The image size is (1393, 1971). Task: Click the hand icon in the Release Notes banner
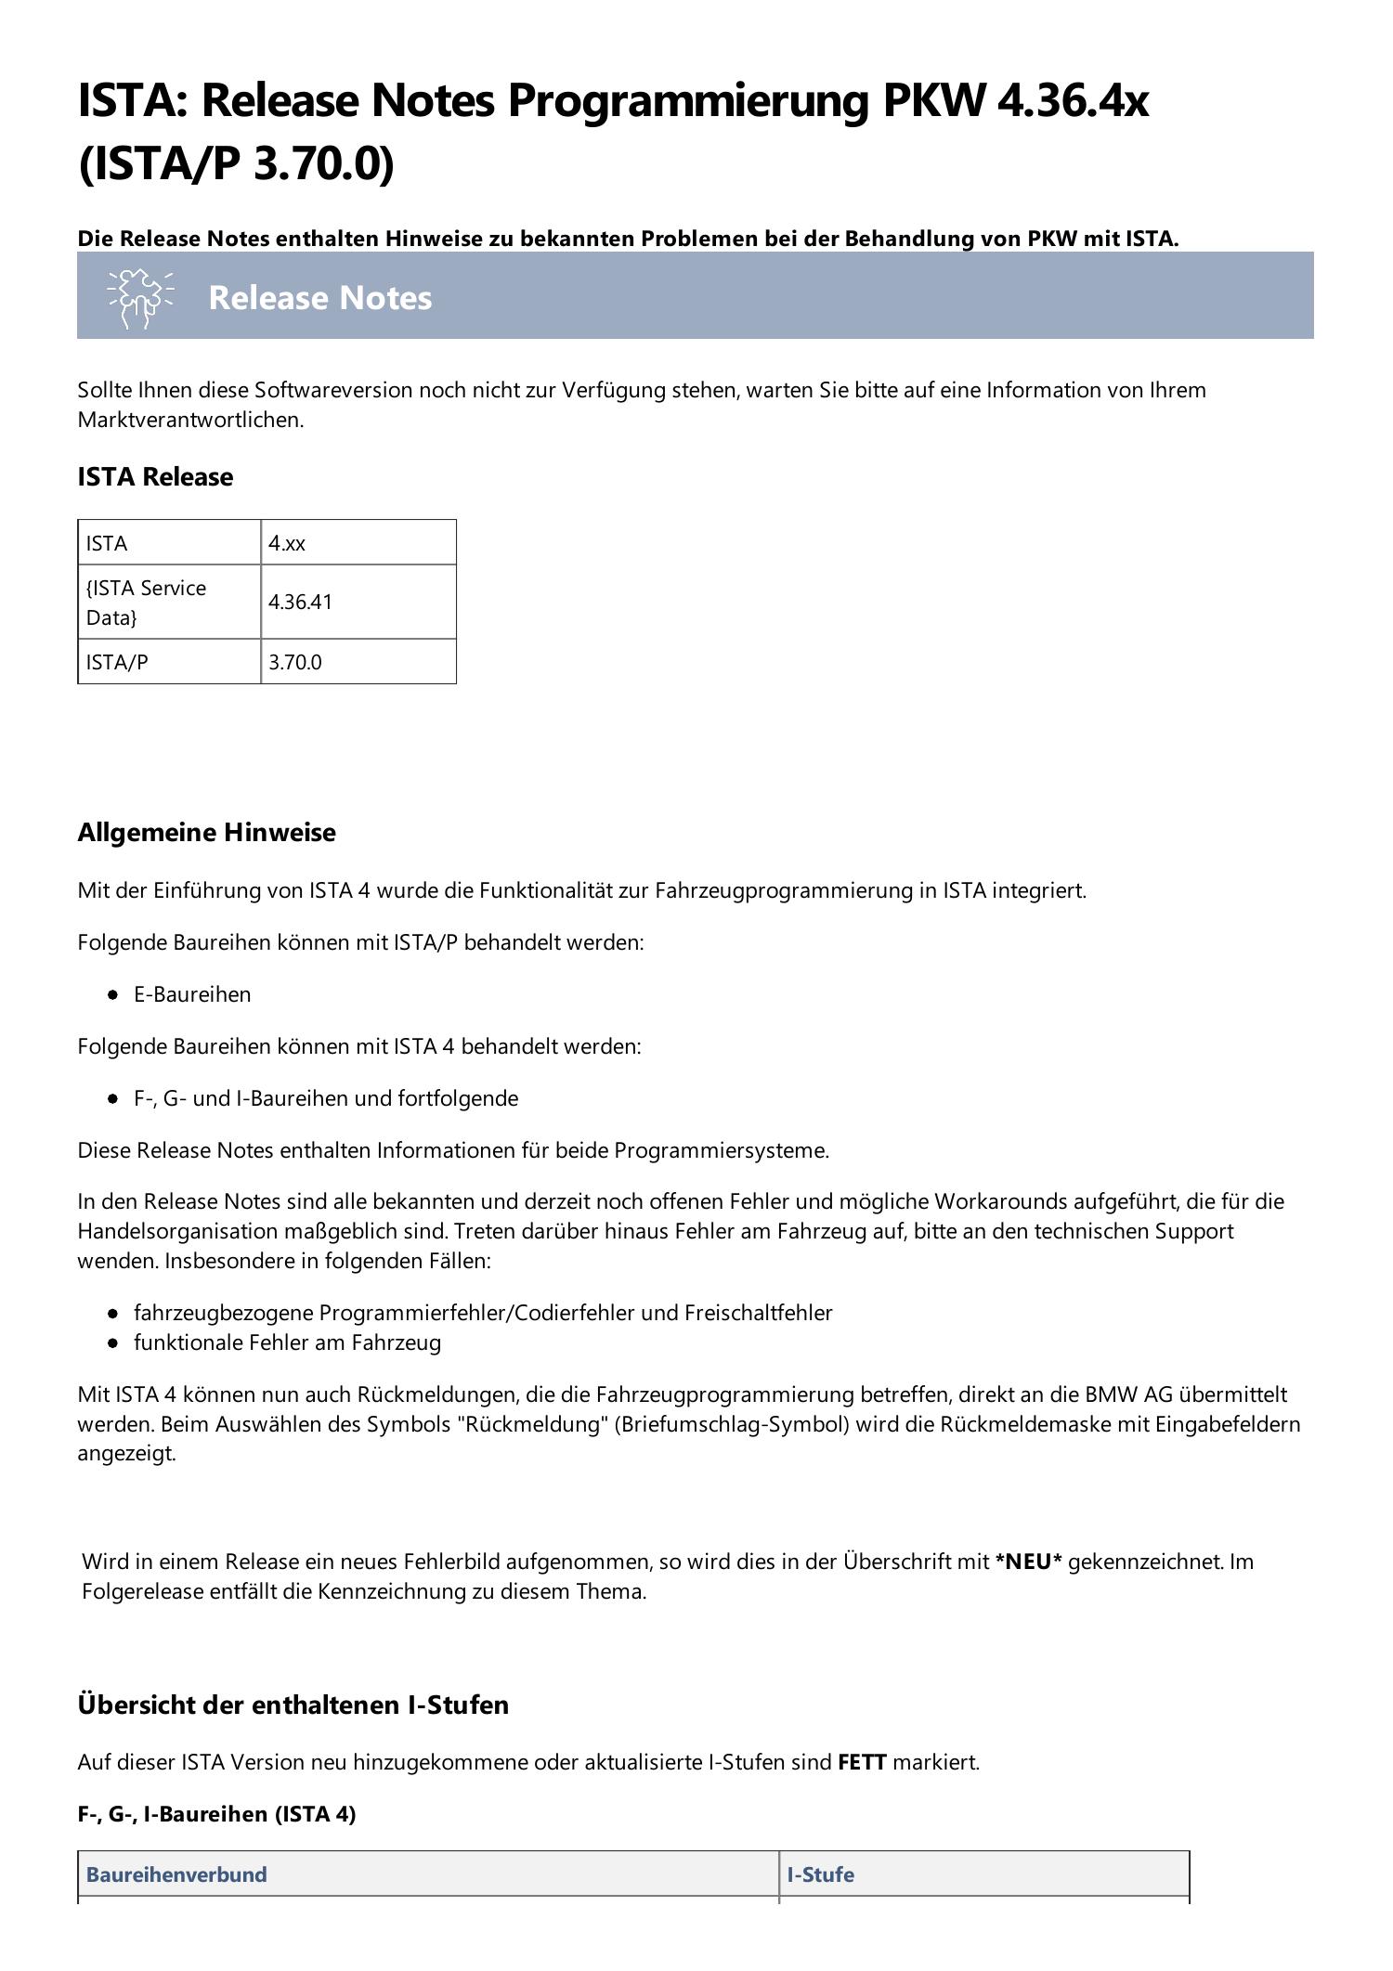pyautogui.click(x=139, y=298)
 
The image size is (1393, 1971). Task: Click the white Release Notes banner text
pyautogui.click(x=319, y=298)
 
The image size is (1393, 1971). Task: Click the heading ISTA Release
pyautogui.click(x=155, y=476)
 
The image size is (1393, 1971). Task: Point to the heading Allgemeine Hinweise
pyautogui.click(x=206, y=832)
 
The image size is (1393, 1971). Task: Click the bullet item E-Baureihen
pyautogui.click(x=192, y=994)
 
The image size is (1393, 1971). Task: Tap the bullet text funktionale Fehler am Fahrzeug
pyautogui.click(x=287, y=1342)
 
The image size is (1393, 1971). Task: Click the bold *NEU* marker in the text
pyautogui.click(x=1028, y=1562)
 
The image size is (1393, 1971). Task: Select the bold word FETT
pyautogui.click(x=862, y=1762)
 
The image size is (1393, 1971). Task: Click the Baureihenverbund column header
pyautogui.click(x=176, y=1874)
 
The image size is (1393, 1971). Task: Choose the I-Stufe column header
pyautogui.click(x=820, y=1874)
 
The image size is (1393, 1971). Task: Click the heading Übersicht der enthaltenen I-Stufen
pyautogui.click(x=293, y=1705)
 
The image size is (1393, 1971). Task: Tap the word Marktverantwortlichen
pyautogui.click(x=189, y=420)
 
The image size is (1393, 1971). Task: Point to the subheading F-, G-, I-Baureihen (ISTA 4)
pyautogui.click(x=216, y=1813)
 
